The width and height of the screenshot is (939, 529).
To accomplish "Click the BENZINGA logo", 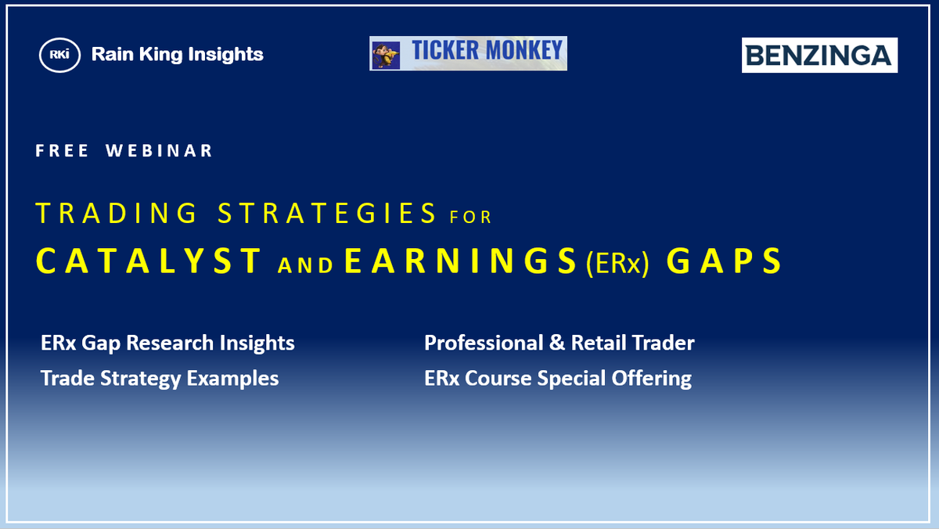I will [819, 56].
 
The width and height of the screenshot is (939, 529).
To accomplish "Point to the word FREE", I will [62, 151].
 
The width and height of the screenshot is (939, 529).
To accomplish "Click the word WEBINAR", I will [160, 151].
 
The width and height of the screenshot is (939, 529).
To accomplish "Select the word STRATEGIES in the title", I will [327, 213].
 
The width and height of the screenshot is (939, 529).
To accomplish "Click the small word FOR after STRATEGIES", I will [470, 217].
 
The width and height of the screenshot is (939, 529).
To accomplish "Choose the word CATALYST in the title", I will [149, 261].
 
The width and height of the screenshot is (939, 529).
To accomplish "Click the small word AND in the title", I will [306, 265].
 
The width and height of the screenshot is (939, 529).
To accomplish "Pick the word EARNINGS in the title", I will [461, 261].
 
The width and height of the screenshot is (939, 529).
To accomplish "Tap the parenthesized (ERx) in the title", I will [618, 264].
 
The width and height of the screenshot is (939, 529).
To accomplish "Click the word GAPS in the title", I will [724, 261].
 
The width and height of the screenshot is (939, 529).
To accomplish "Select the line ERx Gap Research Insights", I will [167, 343].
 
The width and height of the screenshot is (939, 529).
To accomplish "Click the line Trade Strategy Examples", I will [160, 379].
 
